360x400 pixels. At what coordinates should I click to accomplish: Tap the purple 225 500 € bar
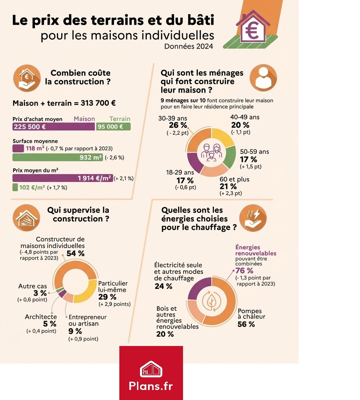pyautogui.click(x=53, y=127)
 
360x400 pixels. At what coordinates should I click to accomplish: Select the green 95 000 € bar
pyautogui.click(x=113, y=127)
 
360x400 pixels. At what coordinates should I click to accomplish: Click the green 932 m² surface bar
pyautogui.click(x=57, y=157)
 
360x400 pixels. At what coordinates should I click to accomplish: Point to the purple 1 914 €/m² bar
pyautogui.click(x=63, y=178)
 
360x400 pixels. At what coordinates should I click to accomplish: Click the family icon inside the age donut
pyautogui.click(x=211, y=153)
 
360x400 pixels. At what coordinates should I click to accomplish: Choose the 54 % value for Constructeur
pyautogui.click(x=75, y=254)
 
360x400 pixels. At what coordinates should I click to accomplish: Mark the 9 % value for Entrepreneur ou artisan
pyautogui.click(x=75, y=331)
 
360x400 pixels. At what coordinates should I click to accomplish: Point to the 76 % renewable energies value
pyautogui.click(x=244, y=271)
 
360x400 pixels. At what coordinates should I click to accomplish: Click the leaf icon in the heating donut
pyautogui.click(x=211, y=302)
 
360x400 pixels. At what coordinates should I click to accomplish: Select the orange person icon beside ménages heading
pyautogui.click(x=263, y=78)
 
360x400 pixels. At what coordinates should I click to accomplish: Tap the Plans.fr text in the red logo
pyautogui.click(x=151, y=386)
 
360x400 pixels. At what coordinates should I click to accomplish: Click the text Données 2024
pyautogui.click(x=188, y=46)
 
